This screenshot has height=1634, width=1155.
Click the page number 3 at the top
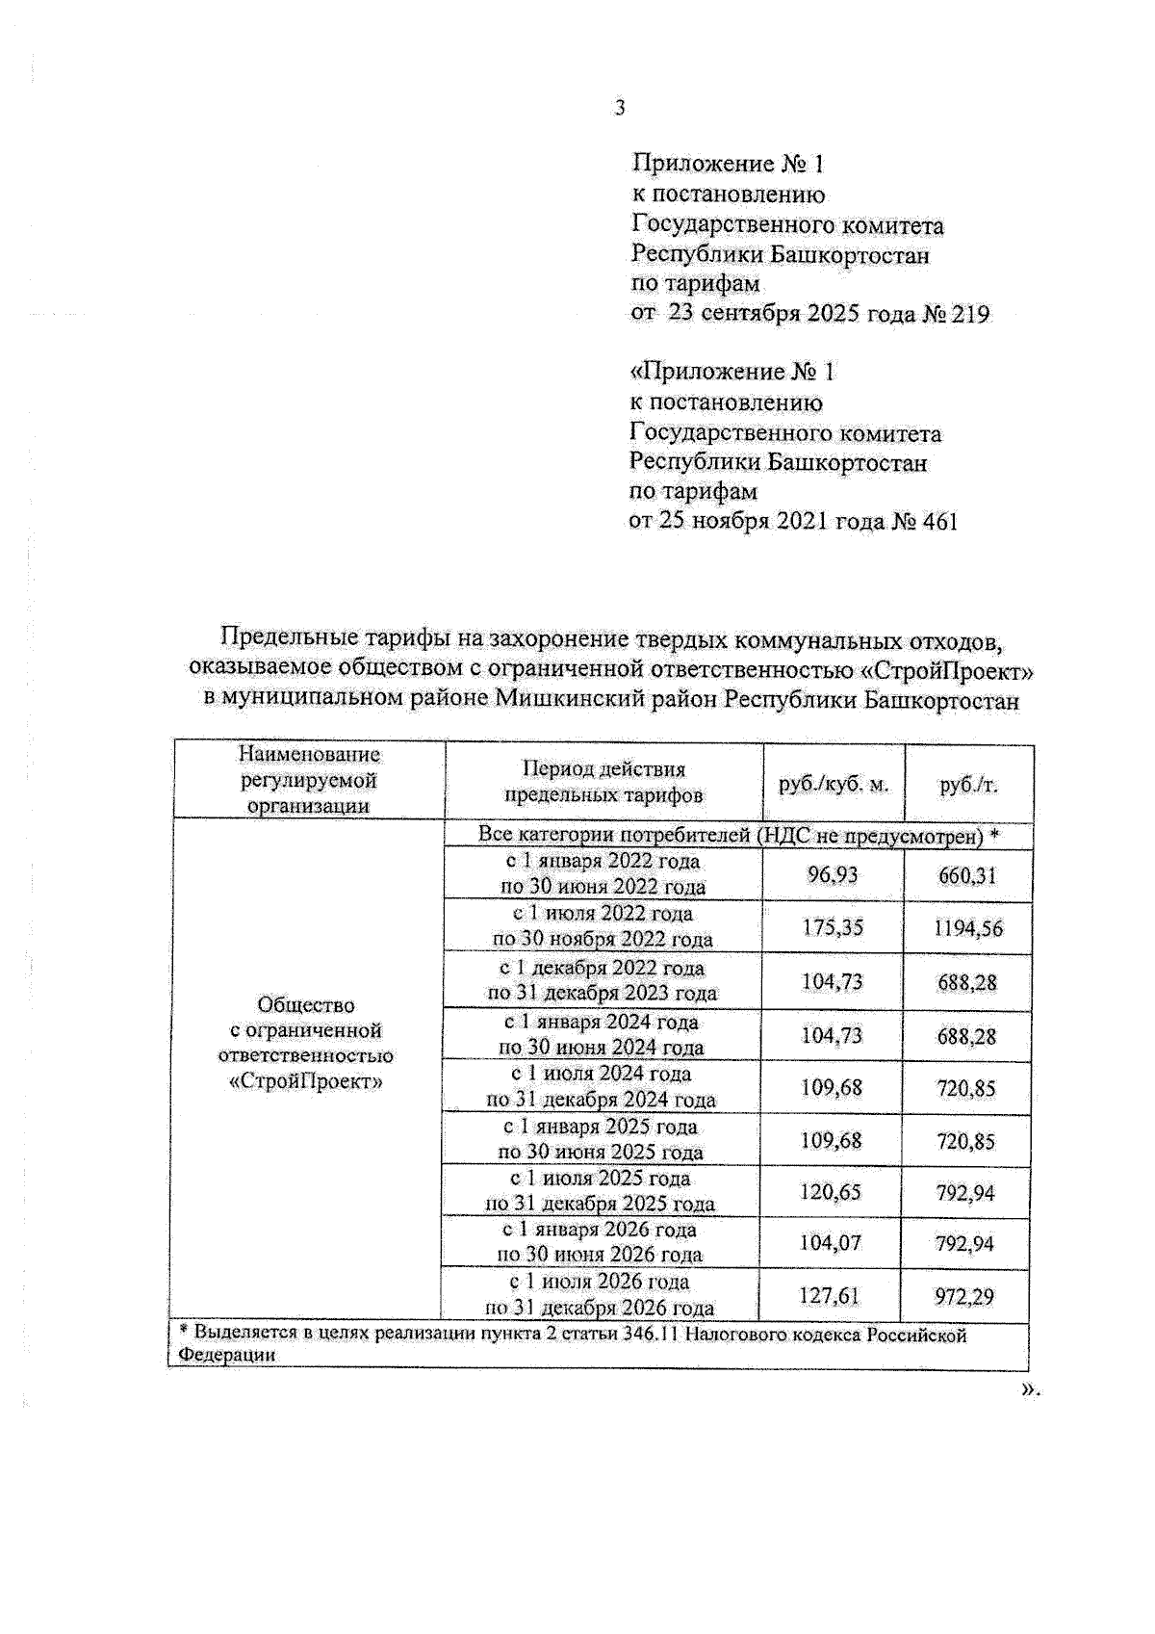pos(619,109)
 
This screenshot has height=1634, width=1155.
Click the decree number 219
pos(969,315)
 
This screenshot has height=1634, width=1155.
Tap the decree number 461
pos(939,523)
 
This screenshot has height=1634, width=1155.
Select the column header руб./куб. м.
pos(834,785)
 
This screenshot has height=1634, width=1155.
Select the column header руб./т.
pos(968,785)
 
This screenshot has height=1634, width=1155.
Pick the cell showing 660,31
pos(967,875)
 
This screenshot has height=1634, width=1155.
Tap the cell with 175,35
pos(833,927)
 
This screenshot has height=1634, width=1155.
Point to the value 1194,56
pos(967,928)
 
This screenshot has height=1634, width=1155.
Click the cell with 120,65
pos(831,1192)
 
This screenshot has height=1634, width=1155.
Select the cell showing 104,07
pos(831,1243)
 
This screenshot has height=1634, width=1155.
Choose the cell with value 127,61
pos(830,1296)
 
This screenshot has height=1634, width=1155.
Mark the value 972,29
pos(964,1297)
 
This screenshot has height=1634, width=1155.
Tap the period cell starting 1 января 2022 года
pos(603,874)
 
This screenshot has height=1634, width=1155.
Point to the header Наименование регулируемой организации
pos(309,780)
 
